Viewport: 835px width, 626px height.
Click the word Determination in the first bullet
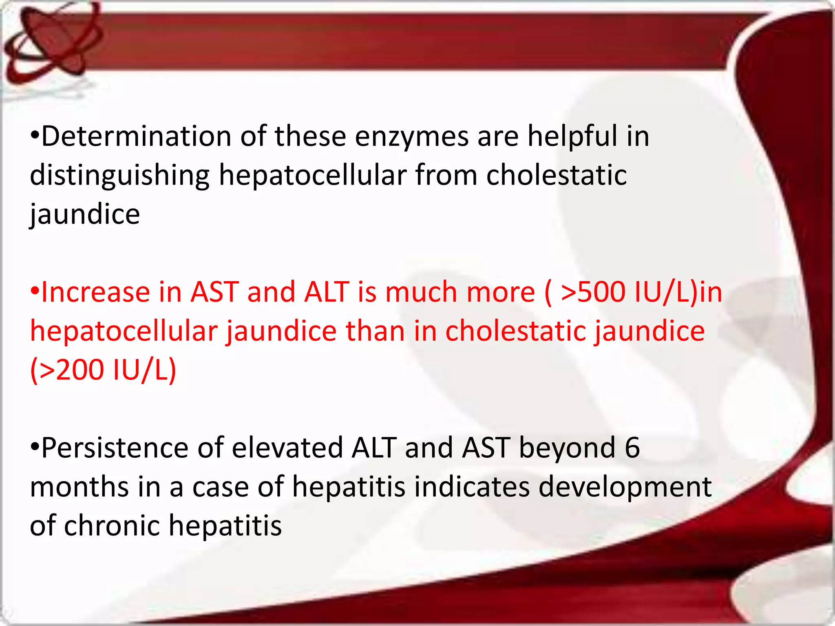[136, 137]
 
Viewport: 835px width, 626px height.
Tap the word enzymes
[411, 137]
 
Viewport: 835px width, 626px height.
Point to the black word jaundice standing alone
[85, 214]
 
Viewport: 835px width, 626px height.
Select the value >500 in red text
[593, 292]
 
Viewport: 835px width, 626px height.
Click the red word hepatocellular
[124, 331]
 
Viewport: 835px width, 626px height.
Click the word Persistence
[115, 448]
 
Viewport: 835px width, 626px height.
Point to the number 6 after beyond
[632, 448]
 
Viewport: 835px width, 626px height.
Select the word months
[79, 487]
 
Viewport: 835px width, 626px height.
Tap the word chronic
[112, 526]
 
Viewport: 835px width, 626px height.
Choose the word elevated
[287, 448]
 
